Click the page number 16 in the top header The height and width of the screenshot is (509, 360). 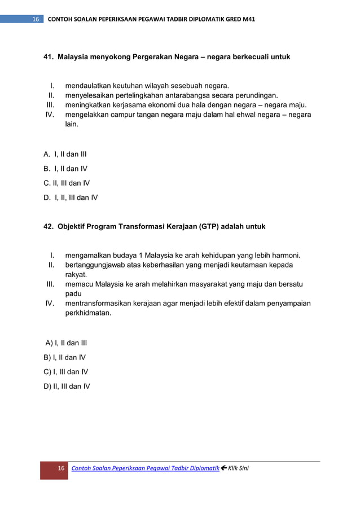click(x=36, y=19)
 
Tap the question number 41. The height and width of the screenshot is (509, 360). click(x=49, y=57)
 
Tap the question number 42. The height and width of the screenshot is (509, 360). click(x=49, y=226)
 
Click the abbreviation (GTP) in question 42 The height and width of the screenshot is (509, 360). click(x=210, y=226)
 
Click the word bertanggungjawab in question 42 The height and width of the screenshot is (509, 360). click(x=96, y=265)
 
